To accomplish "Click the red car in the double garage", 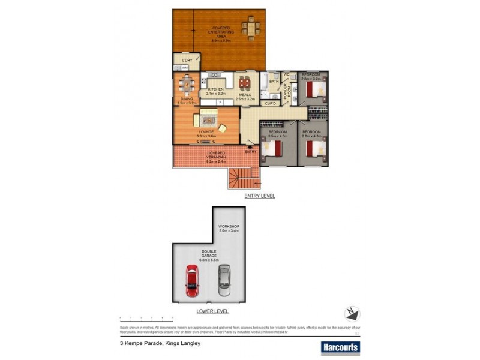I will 192,280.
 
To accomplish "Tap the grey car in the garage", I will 224,280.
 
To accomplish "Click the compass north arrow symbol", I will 352,313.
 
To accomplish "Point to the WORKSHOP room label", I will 229,227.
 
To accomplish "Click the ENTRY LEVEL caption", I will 259,196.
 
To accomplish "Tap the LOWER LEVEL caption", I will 212,311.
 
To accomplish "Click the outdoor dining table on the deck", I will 251,28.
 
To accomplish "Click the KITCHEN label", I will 215,90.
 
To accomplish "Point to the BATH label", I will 274,82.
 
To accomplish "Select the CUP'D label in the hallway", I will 270,104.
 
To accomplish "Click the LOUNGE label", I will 205,131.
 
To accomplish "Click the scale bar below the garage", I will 147,317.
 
